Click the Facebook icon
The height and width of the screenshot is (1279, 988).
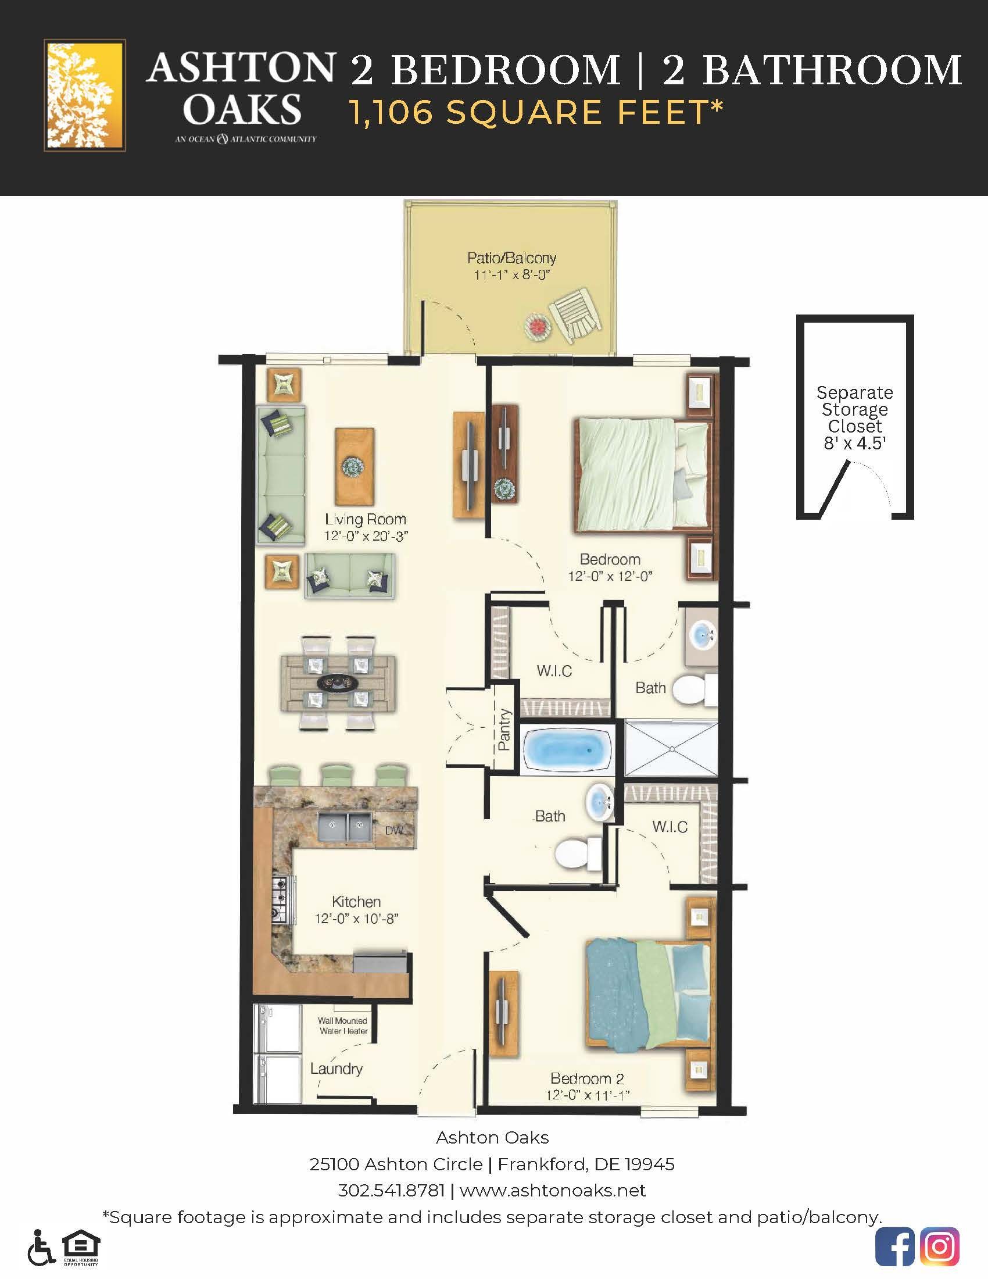click(x=894, y=1246)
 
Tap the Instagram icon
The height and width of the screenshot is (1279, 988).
click(x=939, y=1246)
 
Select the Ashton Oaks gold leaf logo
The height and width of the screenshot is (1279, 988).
click(x=84, y=95)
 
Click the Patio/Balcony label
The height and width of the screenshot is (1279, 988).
click(x=511, y=258)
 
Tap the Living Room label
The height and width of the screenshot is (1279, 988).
click(x=365, y=519)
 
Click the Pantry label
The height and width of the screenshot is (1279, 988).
click(x=504, y=730)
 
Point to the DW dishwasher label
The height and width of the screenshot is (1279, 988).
click(x=395, y=830)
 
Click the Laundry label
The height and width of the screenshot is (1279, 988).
click(x=336, y=1069)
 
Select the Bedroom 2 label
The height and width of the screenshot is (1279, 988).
click(x=587, y=1078)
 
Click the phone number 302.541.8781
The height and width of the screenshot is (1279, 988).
click(x=391, y=1191)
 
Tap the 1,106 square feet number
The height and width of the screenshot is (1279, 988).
click(x=391, y=112)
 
